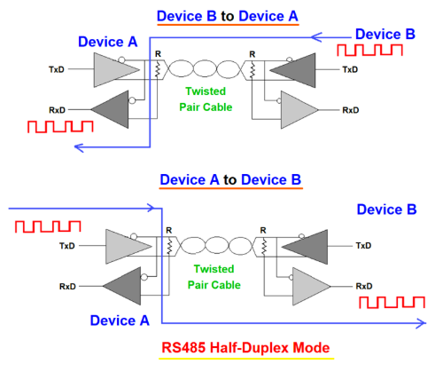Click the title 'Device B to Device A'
pos(229,15)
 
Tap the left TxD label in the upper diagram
pos(56,68)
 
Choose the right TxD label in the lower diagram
pos(363,245)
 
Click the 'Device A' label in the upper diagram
pos(107,42)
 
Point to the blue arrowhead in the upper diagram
pos(80,146)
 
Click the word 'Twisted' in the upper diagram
pos(206,91)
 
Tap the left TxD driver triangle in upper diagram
pos(110,67)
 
